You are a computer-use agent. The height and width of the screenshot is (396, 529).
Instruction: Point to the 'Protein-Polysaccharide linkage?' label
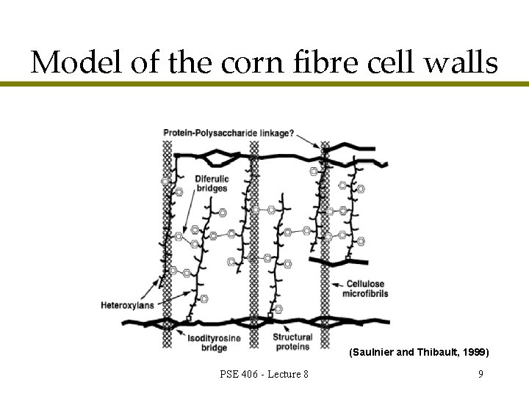coord(228,133)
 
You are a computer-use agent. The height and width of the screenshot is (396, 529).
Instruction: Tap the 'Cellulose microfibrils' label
coord(365,289)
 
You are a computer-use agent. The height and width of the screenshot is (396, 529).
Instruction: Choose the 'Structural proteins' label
coord(292,342)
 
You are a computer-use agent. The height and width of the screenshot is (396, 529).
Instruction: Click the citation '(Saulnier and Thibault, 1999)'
coord(419,353)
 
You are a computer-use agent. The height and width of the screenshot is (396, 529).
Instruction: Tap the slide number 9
coord(480,375)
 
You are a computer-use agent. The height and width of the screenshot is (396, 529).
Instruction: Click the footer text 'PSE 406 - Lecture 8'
coord(264,375)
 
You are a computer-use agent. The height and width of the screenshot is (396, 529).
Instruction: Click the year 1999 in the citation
coord(474,353)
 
